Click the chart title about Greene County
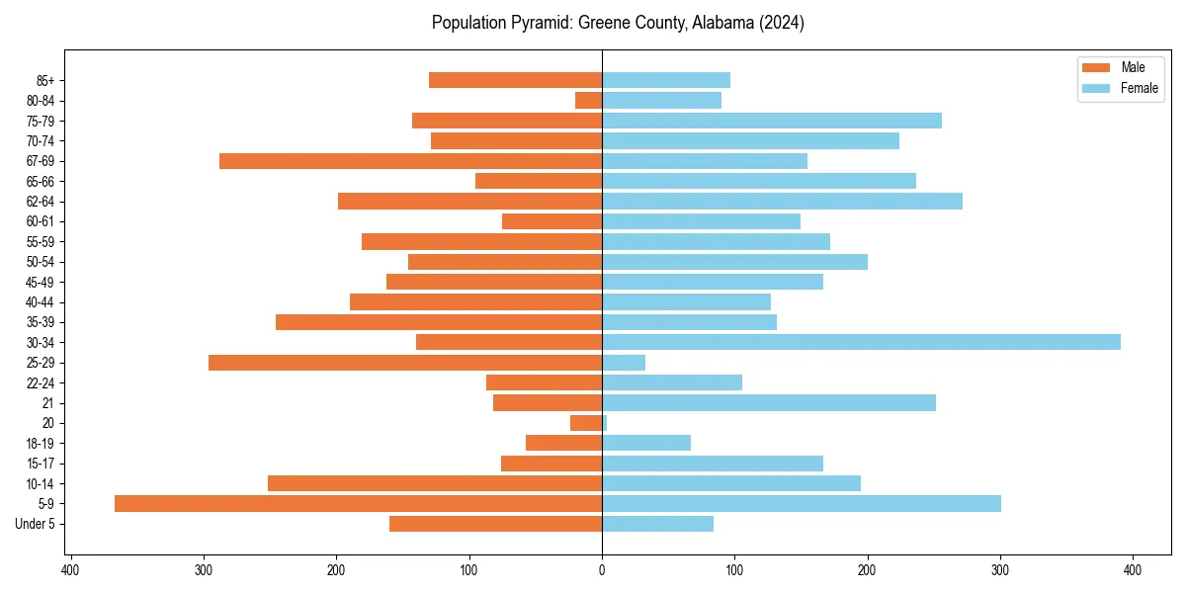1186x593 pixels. click(x=618, y=23)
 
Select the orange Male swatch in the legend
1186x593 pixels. click(x=1096, y=67)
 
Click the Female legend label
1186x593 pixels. click(x=1139, y=88)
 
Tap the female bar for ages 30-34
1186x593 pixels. click(x=861, y=342)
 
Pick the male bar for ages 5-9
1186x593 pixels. click(x=358, y=503)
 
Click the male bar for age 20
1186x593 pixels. click(x=586, y=423)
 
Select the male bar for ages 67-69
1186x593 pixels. click(x=410, y=161)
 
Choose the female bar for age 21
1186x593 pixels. click(x=769, y=402)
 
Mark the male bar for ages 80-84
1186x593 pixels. click(x=589, y=100)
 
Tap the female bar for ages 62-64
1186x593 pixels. click(x=782, y=202)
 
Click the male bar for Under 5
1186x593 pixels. click(x=495, y=524)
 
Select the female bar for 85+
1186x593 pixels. click(x=666, y=80)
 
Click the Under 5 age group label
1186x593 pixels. click(x=35, y=524)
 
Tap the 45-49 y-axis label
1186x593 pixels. click(x=41, y=282)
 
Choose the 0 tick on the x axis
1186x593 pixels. click(x=602, y=569)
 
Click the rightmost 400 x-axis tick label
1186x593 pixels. click(x=1133, y=569)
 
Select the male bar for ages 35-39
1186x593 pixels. click(x=439, y=322)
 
